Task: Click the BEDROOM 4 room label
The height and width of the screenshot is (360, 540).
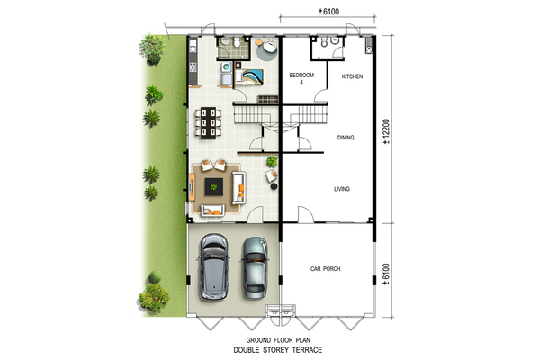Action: pyautogui.click(x=301, y=78)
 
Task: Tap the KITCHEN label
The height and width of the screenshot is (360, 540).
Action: pyautogui.click(x=352, y=76)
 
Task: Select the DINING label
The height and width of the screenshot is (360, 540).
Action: pyautogui.click(x=346, y=138)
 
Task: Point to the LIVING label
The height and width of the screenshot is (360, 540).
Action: pyautogui.click(x=342, y=189)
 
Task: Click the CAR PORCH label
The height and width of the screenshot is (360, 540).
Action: pyautogui.click(x=325, y=269)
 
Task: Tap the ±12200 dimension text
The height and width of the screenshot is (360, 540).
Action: pyautogui.click(x=386, y=131)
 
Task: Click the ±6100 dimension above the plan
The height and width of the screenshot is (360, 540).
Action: pyautogui.click(x=328, y=12)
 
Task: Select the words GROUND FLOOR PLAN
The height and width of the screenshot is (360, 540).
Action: pyautogui.click(x=278, y=340)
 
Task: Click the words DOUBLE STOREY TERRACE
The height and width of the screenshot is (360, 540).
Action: pyautogui.click(x=278, y=350)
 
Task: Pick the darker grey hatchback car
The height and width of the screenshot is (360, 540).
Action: pyautogui.click(x=213, y=267)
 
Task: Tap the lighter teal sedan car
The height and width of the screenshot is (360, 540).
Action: pyautogui.click(x=255, y=267)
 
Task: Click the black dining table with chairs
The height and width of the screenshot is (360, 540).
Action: pyautogui.click(x=208, y=123)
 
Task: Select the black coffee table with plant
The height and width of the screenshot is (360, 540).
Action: pyautogui.click(x=214, y=187)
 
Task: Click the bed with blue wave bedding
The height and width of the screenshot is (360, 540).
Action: pyautogui.click(x=248, y=76)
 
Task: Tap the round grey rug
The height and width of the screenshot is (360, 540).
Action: pyautogui.click(x=267, y=49)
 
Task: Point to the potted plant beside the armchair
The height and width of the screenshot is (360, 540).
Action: pyautogui.click(x=272, y=161)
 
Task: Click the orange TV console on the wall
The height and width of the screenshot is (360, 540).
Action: pyautogui.click(x=192, y=187)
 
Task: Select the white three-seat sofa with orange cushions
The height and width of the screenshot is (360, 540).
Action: pyautogui.click(x=239, y=187)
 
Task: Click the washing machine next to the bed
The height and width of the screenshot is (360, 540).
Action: pyautogui.click(x=226, y=67)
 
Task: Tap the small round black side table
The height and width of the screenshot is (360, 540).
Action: pyautogui.click(x=274, y=186)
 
